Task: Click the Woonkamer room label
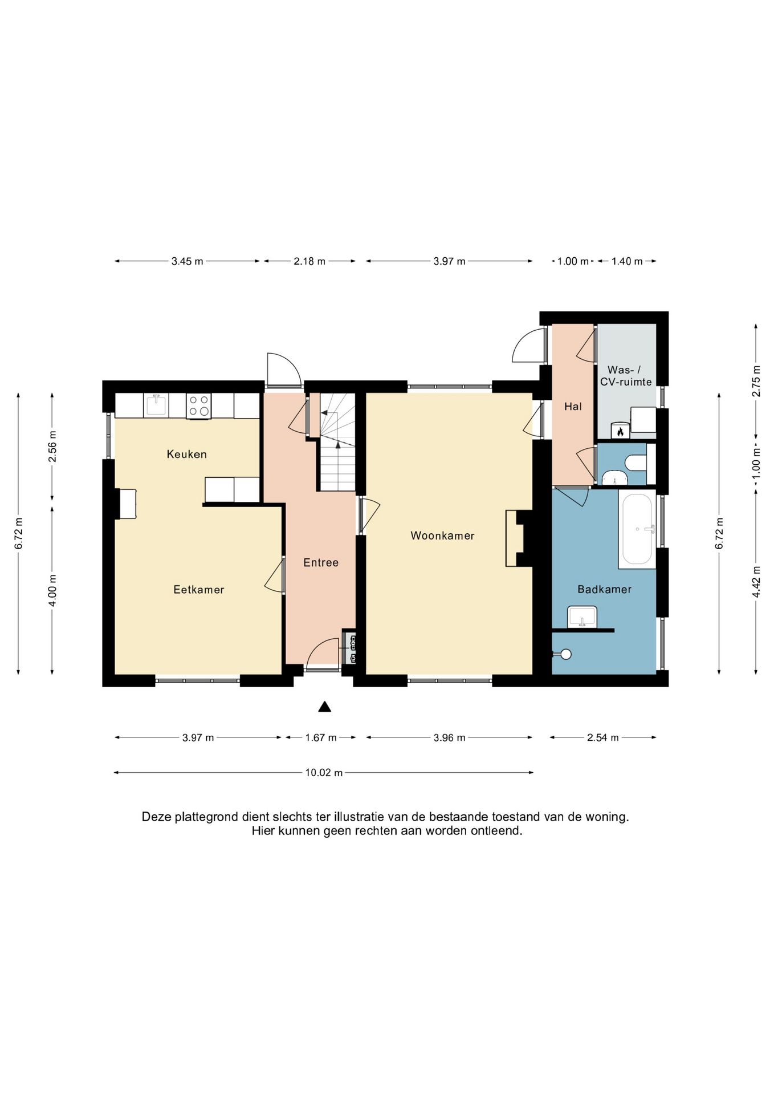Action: (442, 536)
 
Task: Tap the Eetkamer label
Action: (199, 590)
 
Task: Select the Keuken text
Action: (186, 454)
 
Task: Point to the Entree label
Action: (321, 562)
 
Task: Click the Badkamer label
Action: (604, 589)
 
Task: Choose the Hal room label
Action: (573, 407)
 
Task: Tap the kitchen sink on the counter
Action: (156, 405)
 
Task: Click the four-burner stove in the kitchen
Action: (198, 406)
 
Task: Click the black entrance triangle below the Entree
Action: (325, 707)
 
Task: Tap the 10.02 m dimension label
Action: (324, 773)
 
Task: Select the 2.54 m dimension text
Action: (603, 737)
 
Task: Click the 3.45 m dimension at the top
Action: (187, 261)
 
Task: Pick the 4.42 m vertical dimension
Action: (756, 582)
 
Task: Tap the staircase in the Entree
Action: (337, 442)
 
